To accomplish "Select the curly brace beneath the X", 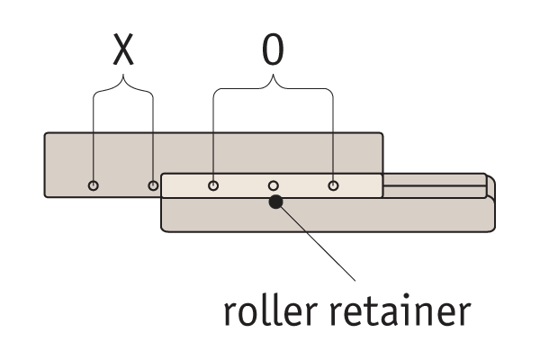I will tap(123, 86).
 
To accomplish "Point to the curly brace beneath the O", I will tap(273, 87).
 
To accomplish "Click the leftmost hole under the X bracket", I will tap(94, 186).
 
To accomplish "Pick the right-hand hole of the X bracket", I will tap(154, 186).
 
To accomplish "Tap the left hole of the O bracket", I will tap(213, 186).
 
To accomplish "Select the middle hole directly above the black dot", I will tap(274, 186).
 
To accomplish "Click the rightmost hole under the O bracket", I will tap(333, 186).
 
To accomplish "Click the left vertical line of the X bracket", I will tap(94, 135).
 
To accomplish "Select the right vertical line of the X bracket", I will tap(153, 135).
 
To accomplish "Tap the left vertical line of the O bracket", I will tap(213, 135).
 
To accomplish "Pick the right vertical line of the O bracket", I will tap(333, 135).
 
